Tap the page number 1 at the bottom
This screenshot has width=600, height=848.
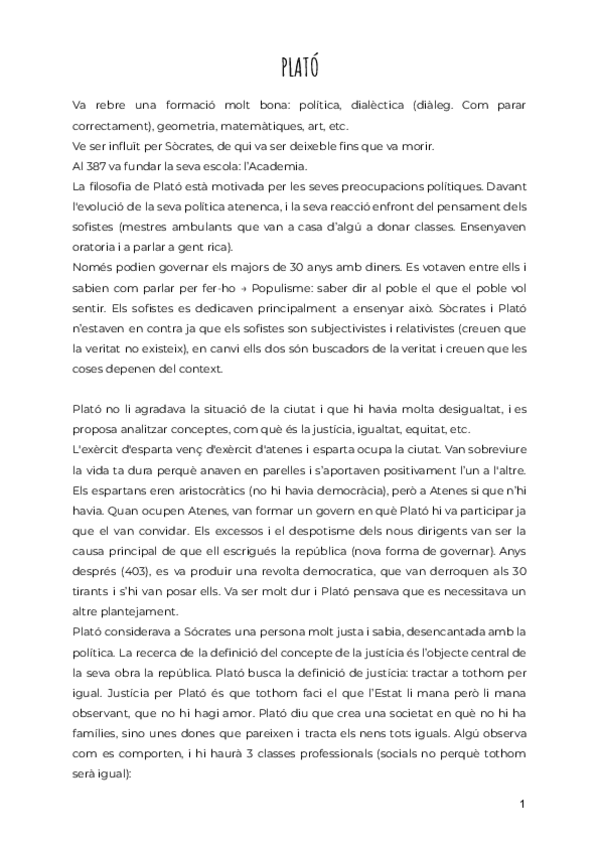(x=522, y=803)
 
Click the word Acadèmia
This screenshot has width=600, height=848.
(x=282, y=165)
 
